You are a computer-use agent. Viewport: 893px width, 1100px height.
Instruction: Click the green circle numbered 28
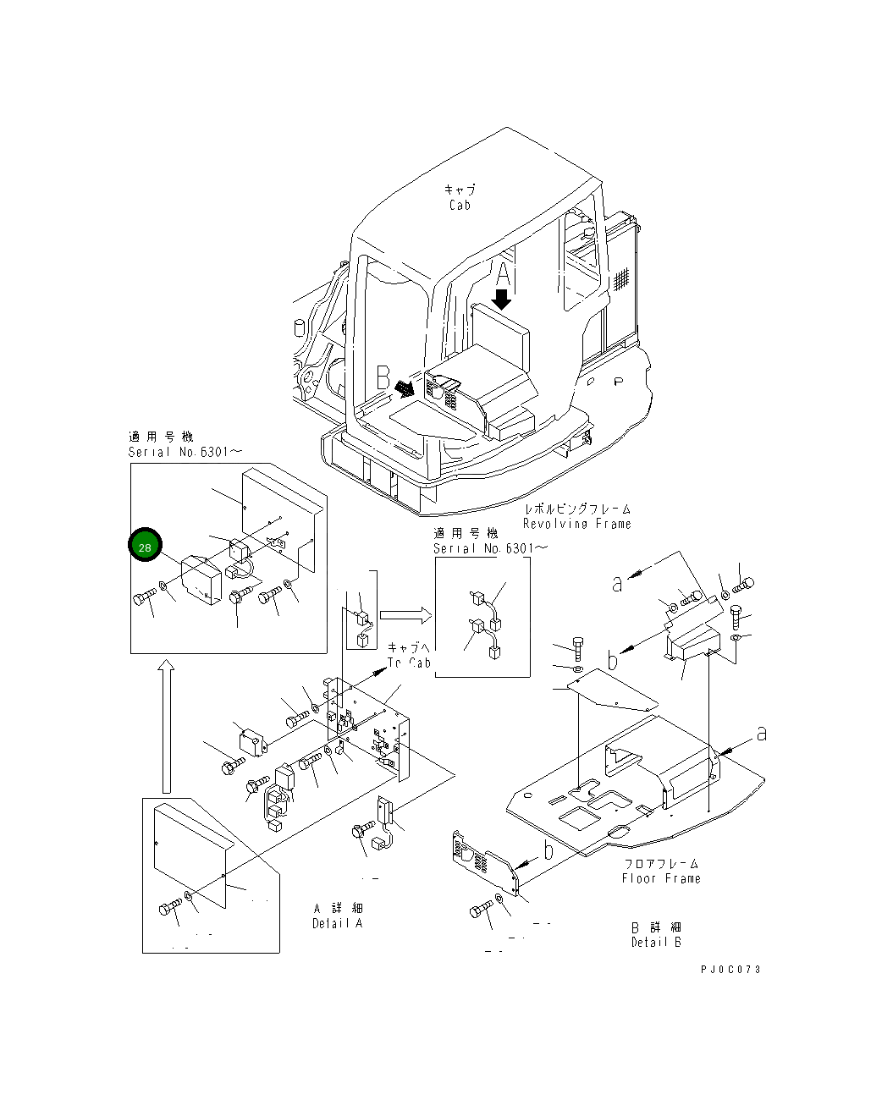(x=145, y=547)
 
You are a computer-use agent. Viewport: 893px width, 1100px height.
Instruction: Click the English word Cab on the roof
(x=460, y=205)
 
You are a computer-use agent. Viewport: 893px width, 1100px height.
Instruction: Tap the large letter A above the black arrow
(x=503, y=275)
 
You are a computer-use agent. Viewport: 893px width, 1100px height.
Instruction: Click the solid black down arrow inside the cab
(x=502, y=299)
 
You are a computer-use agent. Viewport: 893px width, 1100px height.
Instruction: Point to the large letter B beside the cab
(x=383, y=377)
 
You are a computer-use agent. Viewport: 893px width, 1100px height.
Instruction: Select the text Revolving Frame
(x=576, y=524)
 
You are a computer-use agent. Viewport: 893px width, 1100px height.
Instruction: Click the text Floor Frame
(x=661, y=878)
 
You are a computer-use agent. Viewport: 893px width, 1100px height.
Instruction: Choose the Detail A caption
(x=337, y=923)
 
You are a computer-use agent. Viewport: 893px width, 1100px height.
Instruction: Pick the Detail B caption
(x=656, y=942)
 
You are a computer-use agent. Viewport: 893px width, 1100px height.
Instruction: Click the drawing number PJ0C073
(x=730, y=969)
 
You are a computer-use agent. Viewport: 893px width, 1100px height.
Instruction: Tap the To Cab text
(x=410, y=663)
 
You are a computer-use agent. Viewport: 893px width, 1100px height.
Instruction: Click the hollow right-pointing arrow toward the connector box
(x=405, y=614)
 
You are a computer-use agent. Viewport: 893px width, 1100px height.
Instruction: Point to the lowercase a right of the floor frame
(x=761, y=733)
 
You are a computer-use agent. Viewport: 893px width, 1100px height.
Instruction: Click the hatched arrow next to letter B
(x=405, y=387)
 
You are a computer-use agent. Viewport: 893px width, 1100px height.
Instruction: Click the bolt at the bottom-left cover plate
(x=169, y=908)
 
